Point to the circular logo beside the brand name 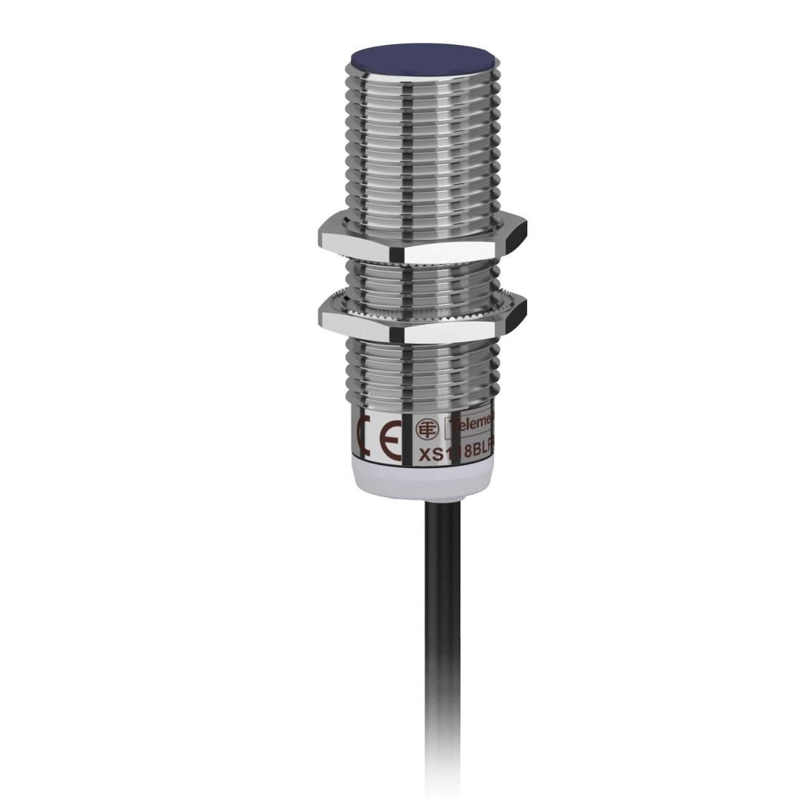tap(424, 428)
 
